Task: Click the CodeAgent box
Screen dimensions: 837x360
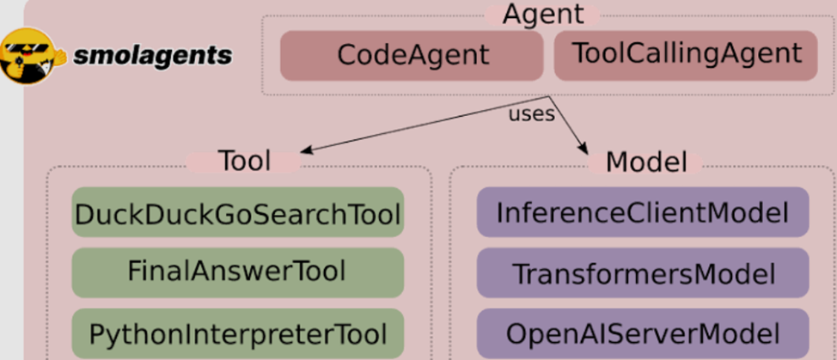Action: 412,56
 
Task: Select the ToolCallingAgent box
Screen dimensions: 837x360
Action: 686,56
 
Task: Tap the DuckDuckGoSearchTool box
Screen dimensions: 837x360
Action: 238,211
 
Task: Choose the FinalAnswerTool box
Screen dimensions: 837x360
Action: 238,272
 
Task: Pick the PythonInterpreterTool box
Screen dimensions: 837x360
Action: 238,333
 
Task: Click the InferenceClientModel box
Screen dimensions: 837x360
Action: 643,211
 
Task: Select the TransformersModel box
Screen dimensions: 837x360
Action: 643,272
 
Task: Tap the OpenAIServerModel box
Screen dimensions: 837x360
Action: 643,333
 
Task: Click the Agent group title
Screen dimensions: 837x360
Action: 543,15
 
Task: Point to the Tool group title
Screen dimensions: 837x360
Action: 244,161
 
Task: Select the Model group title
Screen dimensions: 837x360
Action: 646,162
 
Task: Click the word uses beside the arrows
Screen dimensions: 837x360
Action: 531,114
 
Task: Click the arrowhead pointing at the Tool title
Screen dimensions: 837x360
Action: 306,150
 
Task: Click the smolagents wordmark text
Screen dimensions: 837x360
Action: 153,55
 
